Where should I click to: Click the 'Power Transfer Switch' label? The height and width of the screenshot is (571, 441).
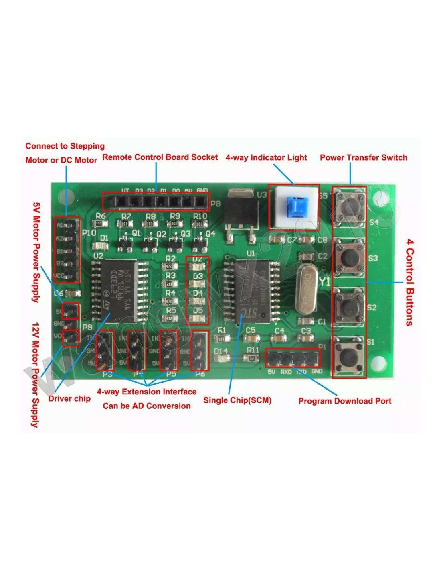pos(363,157)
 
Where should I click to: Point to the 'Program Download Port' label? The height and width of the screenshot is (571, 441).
pos(345,401)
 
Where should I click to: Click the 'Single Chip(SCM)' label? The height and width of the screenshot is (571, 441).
pos(237,400)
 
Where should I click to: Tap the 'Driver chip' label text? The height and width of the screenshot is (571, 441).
pos(69,398)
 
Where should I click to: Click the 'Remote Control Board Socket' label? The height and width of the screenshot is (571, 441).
pos(160,157)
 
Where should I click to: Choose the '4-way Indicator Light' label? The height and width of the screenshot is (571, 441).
pos(266,157)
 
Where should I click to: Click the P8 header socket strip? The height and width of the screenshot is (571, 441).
pos(156,202)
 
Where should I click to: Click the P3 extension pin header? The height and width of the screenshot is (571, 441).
pos(105,351)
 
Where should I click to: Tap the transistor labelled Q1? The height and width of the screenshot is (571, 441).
pos(125,242)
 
